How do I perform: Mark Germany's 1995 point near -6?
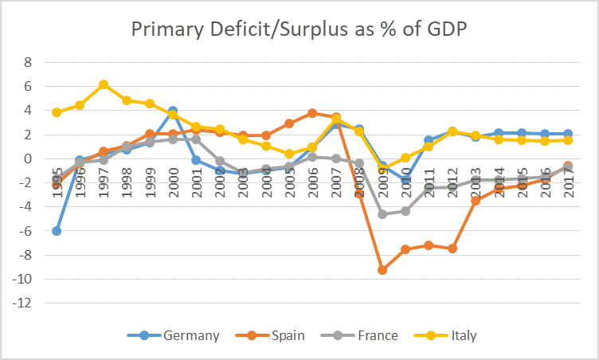click(x=57, y=231)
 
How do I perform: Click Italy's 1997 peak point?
click(x=104, y=84)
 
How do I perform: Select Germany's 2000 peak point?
click(x=173, y=112)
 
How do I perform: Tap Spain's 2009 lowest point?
click(x=382, y=270)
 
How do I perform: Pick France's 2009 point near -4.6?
click(x=382, y=214)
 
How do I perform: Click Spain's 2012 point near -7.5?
click(x=452, y=248)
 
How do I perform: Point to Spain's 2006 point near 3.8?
click(x=312, y=113)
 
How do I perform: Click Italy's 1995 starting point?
click(x=57, y=112)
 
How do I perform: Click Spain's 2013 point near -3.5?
click(x=476, y=201)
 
